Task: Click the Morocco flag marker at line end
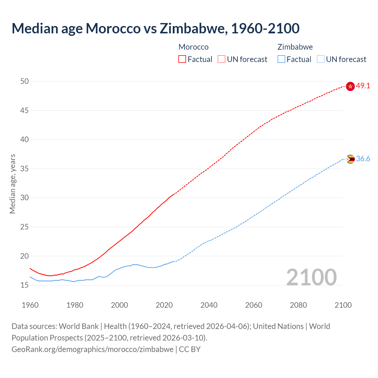[x=350, y=86]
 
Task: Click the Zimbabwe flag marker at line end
[x=350, y=159]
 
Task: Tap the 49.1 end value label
[x=363, y=86]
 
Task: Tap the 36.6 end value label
[x=363, y=159]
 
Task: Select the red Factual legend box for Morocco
[x=182, y=59]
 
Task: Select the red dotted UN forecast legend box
[x=221, y=59]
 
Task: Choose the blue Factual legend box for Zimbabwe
[x=281, y=59]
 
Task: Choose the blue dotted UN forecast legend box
[x=320, y=59]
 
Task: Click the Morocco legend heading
[x=193, y=47]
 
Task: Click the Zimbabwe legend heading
[x=295, y=47]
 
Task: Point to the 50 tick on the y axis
[x=25, y=81]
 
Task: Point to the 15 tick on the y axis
[x=25, y=285]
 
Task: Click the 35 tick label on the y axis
[x=25, y=169]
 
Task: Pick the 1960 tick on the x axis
[x=30, y=305]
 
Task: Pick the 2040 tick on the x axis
[x=209, y=305]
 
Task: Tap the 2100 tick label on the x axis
[x=343, y=305]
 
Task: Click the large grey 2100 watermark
[x=312, y=277]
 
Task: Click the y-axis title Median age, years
[x=12, y=184]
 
